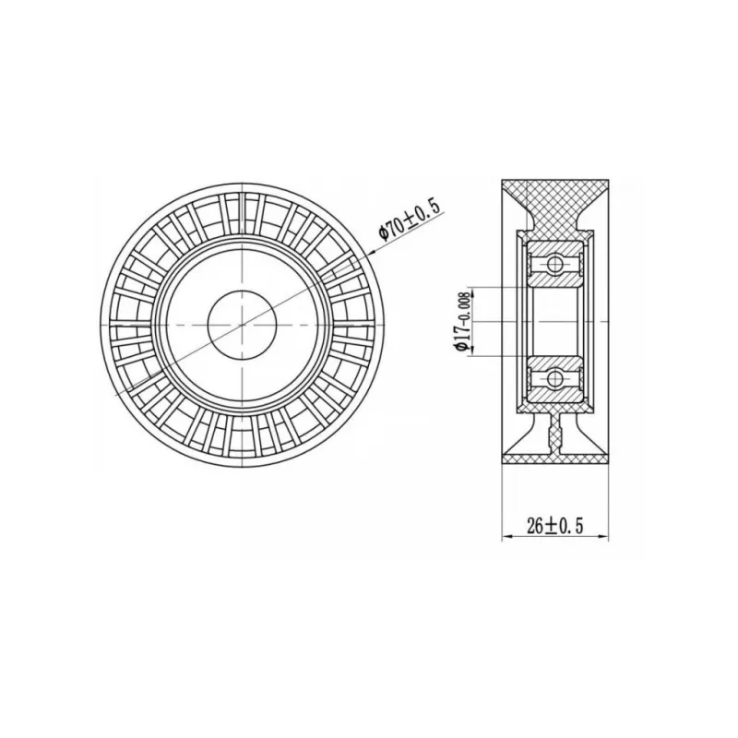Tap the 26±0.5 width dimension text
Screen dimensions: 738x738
555,526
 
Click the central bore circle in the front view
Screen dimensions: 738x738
242,325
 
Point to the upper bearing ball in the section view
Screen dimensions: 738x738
555,263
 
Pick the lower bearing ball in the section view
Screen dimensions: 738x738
555,378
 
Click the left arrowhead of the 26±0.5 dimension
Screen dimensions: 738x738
507,536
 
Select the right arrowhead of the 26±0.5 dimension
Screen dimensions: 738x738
603,536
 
